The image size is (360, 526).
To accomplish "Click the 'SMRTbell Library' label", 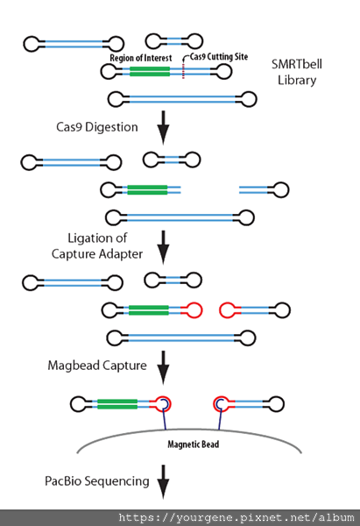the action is pyautogui.click(x=297, y=72).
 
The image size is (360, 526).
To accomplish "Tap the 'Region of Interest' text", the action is pyautogui.click(x=141, y=58).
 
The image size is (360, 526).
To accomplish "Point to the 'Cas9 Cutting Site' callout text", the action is pyautogui.click(x=219, y=57).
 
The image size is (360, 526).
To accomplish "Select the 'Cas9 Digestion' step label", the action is pyautogui.click(x=97, y=127).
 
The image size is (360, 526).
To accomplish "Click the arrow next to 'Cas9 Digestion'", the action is pyautogui.click(x=163, y=127).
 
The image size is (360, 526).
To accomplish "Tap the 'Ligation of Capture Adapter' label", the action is pyautogui.click(x=97, y=245).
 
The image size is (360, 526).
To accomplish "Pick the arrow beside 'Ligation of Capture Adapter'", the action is pyautogui.click(x=163, y=247).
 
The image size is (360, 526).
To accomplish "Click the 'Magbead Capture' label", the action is pyautogui.click(x=97, y=366).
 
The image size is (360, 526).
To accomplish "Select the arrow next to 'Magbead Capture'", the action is pyautogui.click(x=163, y=367).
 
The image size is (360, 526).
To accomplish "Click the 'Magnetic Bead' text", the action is pyautogui.click(x=193, y=444).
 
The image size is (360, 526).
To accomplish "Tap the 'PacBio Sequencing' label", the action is pyautogui.click(x=97, y=481).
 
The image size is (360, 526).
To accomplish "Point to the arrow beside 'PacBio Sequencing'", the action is pyautogui.click(x=163, y=482).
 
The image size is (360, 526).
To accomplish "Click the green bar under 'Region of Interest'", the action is pyautogui.click(x=150, y=72).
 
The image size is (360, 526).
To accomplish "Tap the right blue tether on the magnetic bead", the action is pyautogui.click(x=220, y=415).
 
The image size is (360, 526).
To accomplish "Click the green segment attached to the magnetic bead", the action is pyautogui.click(x=117, y=404).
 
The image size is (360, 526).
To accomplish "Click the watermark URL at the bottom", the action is pyautogui.click(x=236, y=517).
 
